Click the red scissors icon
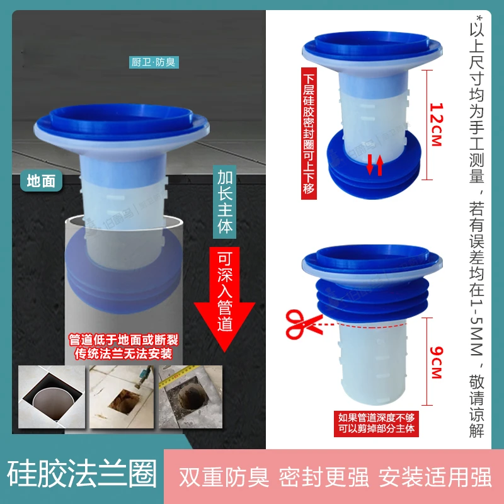(x=303, y=324)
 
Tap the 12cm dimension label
(x=436, y=124)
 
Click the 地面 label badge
(x=41, y=181)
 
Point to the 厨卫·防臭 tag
(x=154, y=62)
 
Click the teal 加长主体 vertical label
(x=224, y=202)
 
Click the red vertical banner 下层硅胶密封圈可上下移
(x=309, y=134)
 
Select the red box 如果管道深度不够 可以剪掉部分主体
(x=376, y=423)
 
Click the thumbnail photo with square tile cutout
(x=52, y=397)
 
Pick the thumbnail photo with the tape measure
(x=190, y=397)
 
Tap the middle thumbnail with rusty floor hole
(x=121, y=397)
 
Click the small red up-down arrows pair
(x=375, y=165)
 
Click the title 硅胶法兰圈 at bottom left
(x=82, y=474)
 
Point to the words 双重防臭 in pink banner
(x=224, y=477)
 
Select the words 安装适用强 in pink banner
(x=435, y=477)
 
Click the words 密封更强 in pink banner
(x=323, y=477)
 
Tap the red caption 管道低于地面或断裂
(x=123, y=340)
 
